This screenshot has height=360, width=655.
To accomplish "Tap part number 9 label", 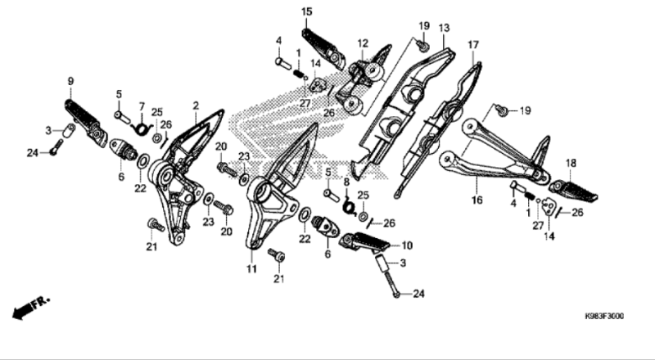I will [x=70, y=81].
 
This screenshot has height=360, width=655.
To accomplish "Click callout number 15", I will [x=306, y=11].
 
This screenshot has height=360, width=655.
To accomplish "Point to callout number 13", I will [x=444, y=28].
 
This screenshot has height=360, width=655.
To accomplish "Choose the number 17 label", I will [x=473, y=44].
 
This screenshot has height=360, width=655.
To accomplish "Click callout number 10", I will [x=407, y=245].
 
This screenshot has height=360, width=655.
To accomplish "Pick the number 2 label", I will [x=196, y=106].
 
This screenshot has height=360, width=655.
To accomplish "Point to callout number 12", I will [x=362, y=43].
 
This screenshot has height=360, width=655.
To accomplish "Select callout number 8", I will [x=346, y=182].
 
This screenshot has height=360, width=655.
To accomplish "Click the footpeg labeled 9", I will [x=82, y=119].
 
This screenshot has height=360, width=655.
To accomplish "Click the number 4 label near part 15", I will [x=278, y=40].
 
